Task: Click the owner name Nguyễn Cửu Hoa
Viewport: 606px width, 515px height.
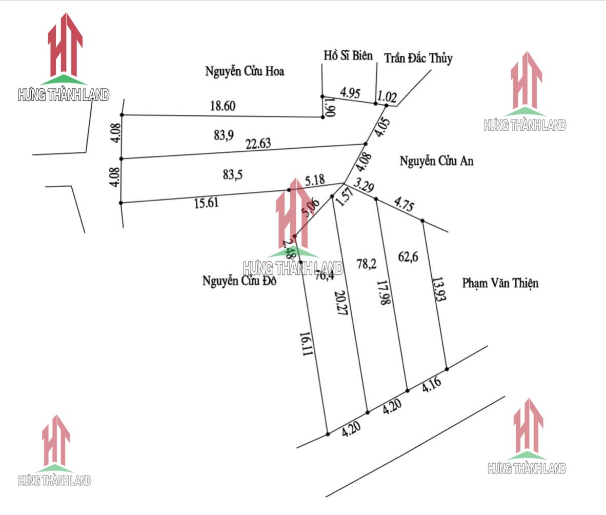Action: (245, 71)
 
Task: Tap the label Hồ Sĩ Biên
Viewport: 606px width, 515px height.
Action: (348, 55)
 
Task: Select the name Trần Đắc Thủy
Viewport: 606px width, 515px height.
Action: (418, 58)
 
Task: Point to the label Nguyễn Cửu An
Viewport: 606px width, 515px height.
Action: (437, 161)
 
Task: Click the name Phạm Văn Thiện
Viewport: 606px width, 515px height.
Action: (500, 283)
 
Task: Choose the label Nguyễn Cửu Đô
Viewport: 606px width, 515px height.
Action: (240, 281)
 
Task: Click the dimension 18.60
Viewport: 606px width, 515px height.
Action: (223, 106)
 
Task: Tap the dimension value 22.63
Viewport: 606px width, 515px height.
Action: (258, 144)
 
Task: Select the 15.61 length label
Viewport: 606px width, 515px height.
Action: (206, 203)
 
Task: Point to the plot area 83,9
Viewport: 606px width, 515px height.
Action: (224, 135)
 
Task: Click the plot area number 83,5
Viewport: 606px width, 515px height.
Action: (233, 174)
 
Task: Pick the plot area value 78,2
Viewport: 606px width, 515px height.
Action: (367, 264)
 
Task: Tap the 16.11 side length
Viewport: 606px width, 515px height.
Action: (306, 344)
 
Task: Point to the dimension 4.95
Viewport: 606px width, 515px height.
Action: (350, 93)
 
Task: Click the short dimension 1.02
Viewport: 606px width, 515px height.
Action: (387, 96)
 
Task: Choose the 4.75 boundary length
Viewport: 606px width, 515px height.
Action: (403, 205)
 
